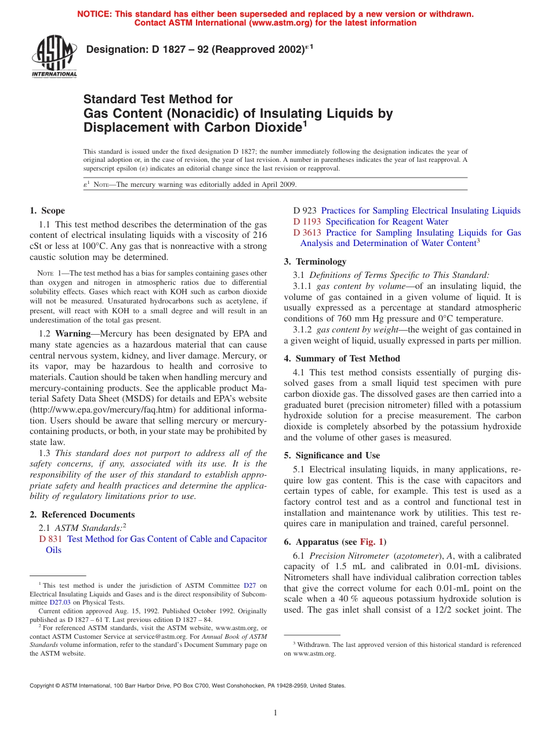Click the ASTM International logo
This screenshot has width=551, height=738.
[x=54, y=57]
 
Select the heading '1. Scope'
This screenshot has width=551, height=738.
[x=48, y=211]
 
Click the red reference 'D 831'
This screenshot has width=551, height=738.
[x=50, y=539]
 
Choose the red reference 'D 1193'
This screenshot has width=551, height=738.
[x=307, y=222]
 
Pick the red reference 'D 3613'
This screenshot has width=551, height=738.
[x=307, y=233]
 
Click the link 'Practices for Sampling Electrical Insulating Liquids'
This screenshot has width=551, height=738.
[x=420, y=211]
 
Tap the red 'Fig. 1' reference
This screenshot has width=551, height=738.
[x=371, y=542]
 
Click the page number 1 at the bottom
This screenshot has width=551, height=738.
[x=275, y=713]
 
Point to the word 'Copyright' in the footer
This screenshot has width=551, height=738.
[x=42, y=685]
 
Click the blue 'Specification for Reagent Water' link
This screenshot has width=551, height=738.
[x=387, y=222]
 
